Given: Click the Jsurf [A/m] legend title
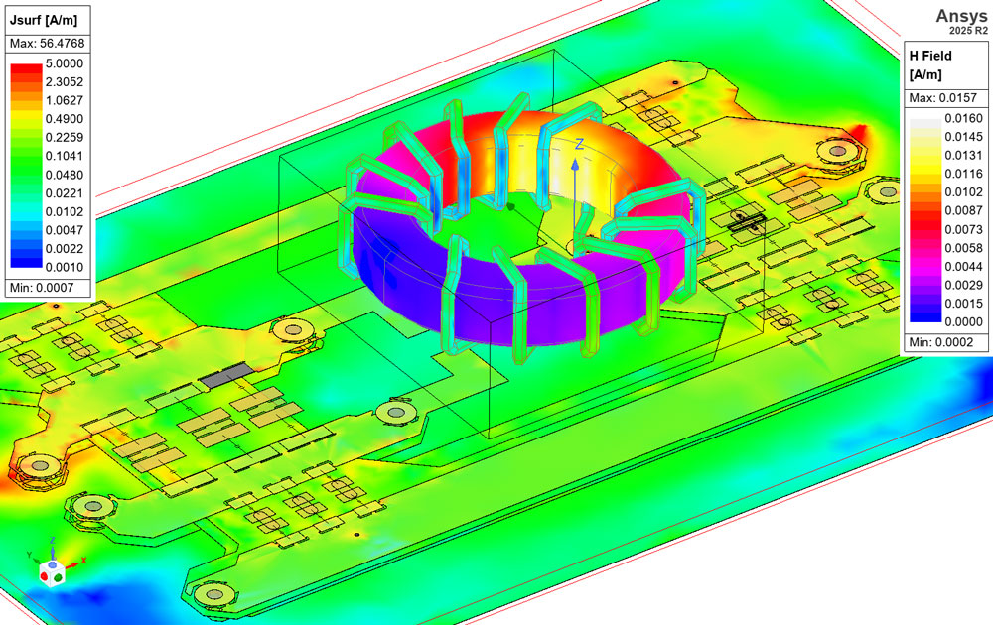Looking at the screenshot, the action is tap(43, 20).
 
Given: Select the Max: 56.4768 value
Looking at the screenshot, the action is tap(47, 44).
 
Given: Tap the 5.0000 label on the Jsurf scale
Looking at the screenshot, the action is tap(64, 63).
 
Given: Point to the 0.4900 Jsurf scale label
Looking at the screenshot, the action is tap(64, 119).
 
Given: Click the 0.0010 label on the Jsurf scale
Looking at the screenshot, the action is tap(64, 267).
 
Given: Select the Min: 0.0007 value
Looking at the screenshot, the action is tap(42, 288).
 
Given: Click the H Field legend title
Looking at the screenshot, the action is tap(930, 56).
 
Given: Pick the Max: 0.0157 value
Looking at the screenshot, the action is tap(943, 98).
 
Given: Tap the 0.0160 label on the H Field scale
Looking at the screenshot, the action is tap(964, 118).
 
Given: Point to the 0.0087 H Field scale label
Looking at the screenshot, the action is tap(964, 210).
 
